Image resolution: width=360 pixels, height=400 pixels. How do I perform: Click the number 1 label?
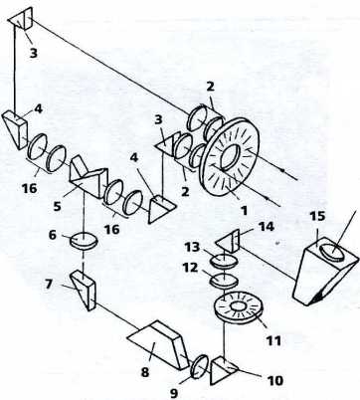click(244, 210)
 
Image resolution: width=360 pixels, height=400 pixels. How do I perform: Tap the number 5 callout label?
click(57, 206)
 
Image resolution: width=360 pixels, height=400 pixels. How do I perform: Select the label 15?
click(317, 218)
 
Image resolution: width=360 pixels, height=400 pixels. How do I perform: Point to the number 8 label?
click(145, 372)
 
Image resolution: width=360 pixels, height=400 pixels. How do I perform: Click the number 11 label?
click(272, 340)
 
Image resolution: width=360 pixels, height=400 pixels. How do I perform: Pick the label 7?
click(49, 285)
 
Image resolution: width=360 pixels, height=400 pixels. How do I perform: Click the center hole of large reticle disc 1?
click(230, 156)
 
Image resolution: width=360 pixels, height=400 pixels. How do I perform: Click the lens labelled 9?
click(200, 366)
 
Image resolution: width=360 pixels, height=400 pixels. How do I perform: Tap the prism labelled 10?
click(224, 370)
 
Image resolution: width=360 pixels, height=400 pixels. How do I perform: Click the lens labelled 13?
click(225, 260)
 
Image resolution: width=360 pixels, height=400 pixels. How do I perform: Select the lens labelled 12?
click(225, 281)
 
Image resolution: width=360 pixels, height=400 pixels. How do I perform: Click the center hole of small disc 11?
click(238, 306)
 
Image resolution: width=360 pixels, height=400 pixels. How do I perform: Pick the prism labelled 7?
click(83, 290)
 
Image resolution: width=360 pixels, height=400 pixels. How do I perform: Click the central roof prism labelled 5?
click(89, 177)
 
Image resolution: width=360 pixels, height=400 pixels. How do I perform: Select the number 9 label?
click(174, 393)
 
